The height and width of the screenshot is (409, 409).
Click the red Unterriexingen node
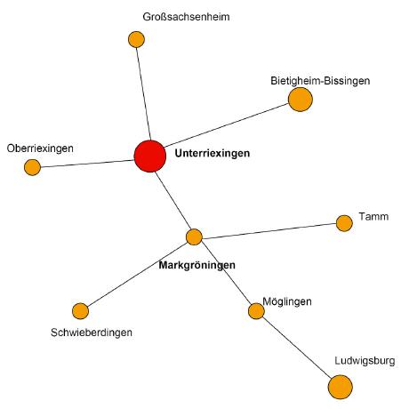(150, 156)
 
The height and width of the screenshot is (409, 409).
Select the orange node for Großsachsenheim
(136, 39)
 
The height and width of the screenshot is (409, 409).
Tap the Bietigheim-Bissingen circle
(301, 100)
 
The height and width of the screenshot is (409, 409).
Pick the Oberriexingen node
(32, 167)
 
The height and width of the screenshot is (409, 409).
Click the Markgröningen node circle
(194, 237)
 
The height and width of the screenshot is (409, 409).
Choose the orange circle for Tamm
(344, 223)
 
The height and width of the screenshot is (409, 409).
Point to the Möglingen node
(256, 311)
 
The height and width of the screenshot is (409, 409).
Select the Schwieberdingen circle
(80, 311)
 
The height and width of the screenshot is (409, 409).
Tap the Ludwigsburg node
(341, 387)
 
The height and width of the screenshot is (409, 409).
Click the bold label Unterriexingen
(213, 153)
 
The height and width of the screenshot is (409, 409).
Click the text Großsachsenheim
(186, 17)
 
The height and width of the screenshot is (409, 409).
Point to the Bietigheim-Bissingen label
(320, 81)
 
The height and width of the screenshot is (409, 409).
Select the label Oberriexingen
(40, 148)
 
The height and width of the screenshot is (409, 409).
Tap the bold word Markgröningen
(197, 265)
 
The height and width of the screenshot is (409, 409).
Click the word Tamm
(373, 217)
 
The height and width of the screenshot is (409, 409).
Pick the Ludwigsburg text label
(365, 361)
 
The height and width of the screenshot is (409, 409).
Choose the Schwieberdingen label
(92, 333)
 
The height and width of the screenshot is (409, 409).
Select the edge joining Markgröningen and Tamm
(269, 231)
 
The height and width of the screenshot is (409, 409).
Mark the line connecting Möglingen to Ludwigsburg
(297, 348)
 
